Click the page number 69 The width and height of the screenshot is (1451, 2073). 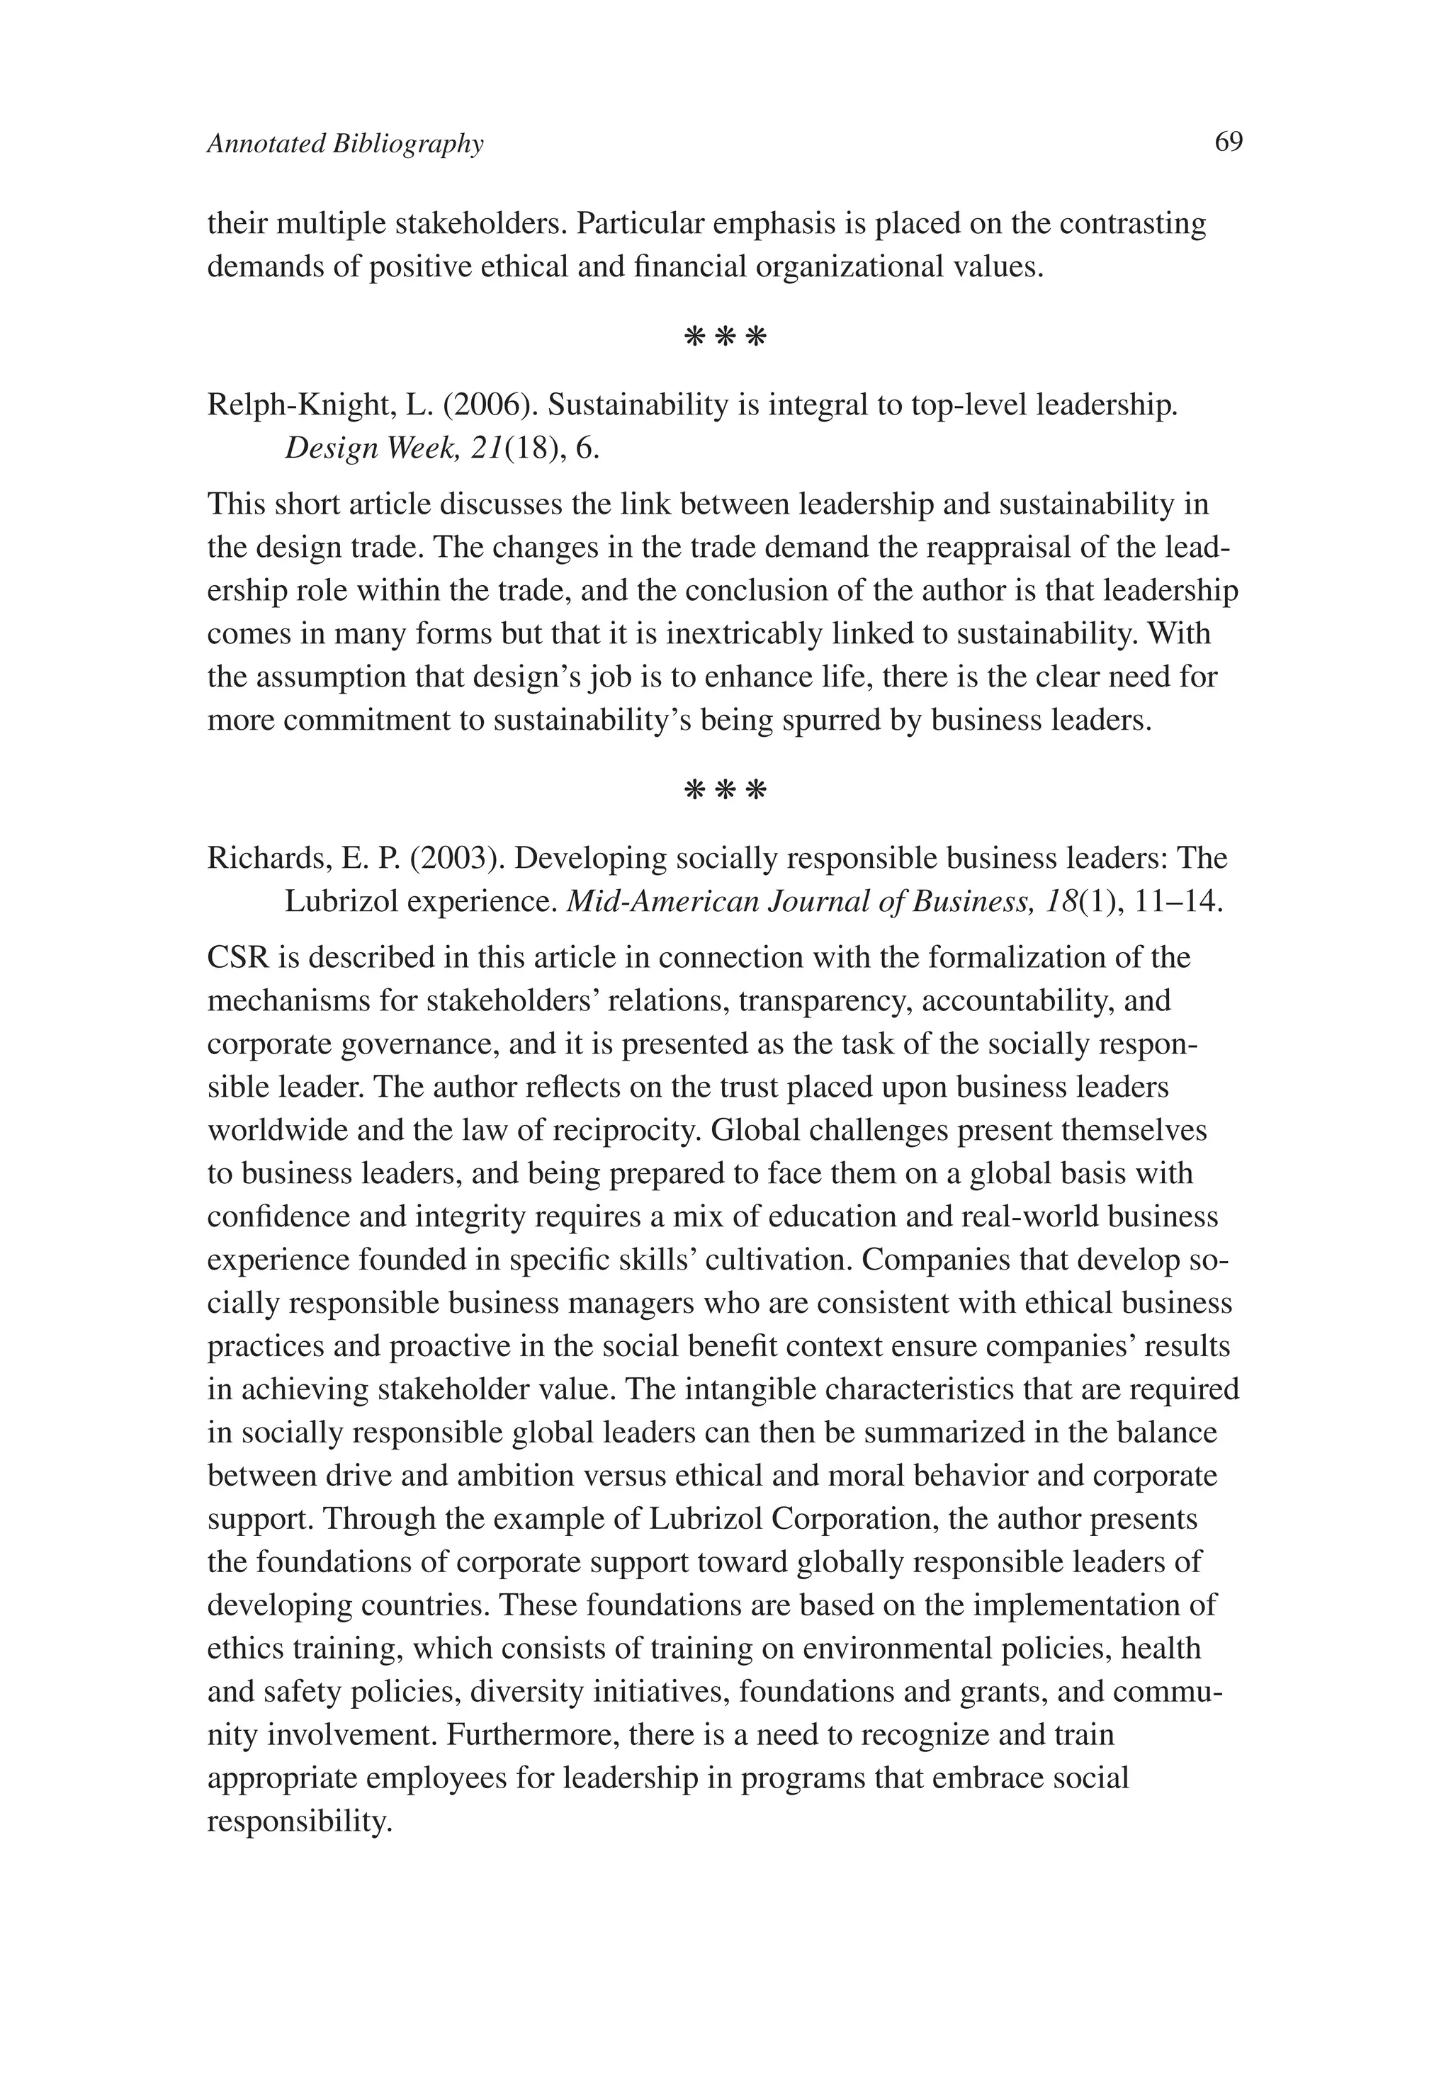click(1229, 142)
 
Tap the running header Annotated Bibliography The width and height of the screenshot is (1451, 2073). click(345, 144)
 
